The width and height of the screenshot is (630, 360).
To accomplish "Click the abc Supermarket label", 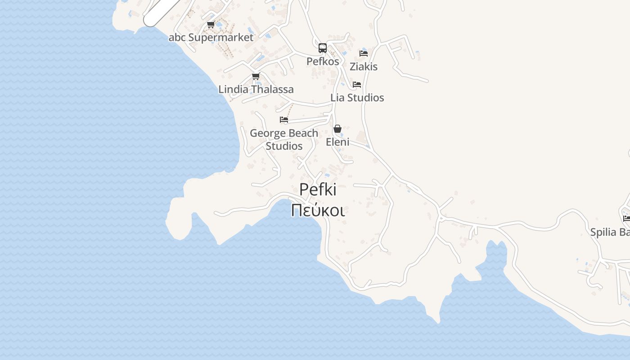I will [x=211, y=37].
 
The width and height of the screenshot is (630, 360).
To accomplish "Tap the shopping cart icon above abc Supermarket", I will [x=211, y=24].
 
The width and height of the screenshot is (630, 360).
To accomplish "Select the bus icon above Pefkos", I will [x=323, y=48].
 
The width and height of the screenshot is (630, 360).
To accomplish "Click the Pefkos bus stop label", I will [x=323, y=61].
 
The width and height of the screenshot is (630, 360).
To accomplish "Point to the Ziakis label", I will [x=364, y=67].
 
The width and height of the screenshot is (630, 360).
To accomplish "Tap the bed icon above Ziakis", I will [x=364, y=53].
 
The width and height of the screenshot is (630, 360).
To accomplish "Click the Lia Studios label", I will [x=357, y=98].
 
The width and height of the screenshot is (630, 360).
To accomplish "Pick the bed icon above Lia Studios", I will [x=357, y=84].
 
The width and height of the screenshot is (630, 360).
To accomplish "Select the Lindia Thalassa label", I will [x=256, y=90].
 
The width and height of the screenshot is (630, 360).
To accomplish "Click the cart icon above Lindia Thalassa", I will [x=256, y=76].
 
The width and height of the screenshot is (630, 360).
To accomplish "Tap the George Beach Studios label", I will [x=284, y=139].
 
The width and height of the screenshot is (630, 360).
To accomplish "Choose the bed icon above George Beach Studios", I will [x=284, y=120].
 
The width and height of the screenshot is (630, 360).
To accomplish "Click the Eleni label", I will [x=337, y=142].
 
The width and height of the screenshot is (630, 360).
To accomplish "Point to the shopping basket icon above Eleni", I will [x=337, y=129].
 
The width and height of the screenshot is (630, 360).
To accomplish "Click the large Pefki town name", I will [x=318, y=189].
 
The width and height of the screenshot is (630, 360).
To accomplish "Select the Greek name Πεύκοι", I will [x=318, y=210].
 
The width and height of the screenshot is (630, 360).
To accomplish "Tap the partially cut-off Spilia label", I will [x=610, y=232].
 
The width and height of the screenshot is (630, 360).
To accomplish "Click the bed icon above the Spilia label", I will [x=626, y=219].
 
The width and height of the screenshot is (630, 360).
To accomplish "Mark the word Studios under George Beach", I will [x=284, y=146].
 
